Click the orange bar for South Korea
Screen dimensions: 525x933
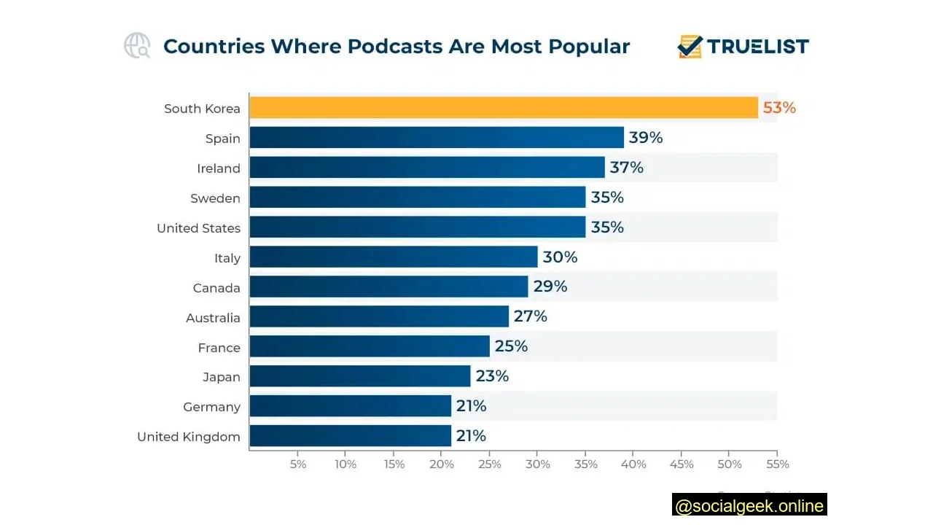click(x=504, y=108)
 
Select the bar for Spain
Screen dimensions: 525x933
click(x=437, y=138)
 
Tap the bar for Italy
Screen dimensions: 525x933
click(x=394, y=257)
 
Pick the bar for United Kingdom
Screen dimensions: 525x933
click(x=351, y=436)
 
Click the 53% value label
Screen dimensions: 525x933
click(x=779, y=108)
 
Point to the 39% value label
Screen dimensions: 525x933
click(x=646, y=138)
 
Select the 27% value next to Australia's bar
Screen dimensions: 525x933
click(x=530, y=316)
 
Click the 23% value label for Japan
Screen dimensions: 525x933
click(x=492, y=376)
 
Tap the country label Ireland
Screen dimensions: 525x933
click(x=218, y=168)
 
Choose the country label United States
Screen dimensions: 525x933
click(x=198, y=228)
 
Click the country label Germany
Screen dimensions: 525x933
click(x=211, y=407)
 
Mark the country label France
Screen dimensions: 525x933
click(x=219, y=348)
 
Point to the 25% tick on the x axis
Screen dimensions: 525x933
click(x=490, y=464)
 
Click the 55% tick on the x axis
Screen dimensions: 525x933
click(x=778, y=464)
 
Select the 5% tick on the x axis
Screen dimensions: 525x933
click(x=298, y=464)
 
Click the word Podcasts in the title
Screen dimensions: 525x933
click(x=394, y=47)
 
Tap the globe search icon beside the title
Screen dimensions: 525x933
click(x=137, y=46)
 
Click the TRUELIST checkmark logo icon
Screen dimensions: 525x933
click(x=690, y=47)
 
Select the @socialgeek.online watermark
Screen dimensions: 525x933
click(x=749, y=505)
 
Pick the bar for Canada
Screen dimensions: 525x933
click(x=389, y=287)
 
